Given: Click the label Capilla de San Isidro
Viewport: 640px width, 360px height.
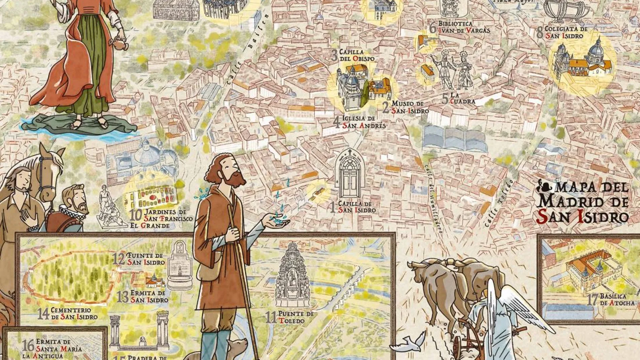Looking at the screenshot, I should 356,207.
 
